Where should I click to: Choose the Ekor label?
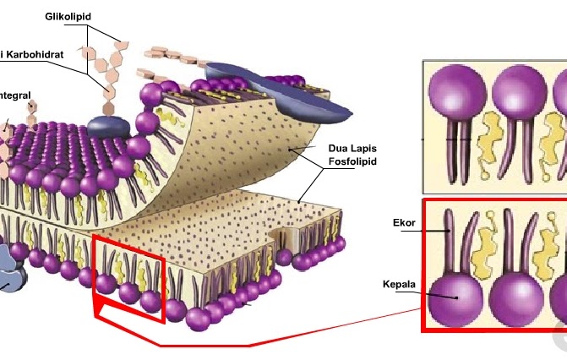[403, 223]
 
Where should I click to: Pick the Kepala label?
[398, 285]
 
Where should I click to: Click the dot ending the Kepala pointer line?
[457, 297]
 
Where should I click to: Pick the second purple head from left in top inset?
[518, 93]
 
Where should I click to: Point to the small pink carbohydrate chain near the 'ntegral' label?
[32, 109]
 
